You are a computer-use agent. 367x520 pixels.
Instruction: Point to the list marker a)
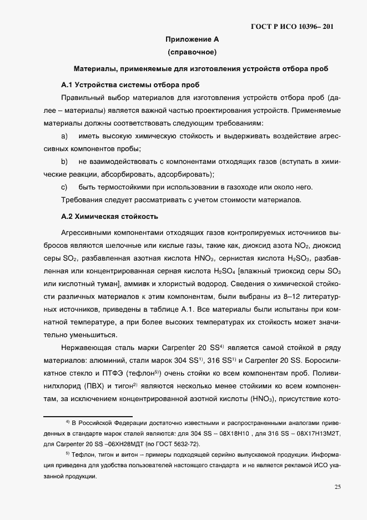pyautogui.click(x=64, y=136)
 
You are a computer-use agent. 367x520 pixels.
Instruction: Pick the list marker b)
pyautogui.click(x=64, y=162)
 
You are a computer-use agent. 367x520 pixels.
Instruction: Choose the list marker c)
pyautogui.click(x=64, y=187)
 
